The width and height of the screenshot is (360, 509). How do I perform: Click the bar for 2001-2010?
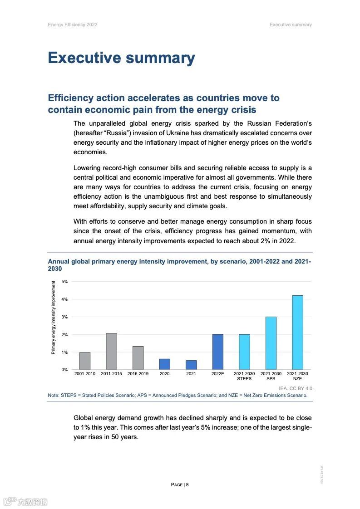click(85, 361)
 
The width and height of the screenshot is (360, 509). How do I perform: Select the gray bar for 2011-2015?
click(111, 352)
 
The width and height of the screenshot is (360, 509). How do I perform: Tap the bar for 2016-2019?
click(138, 358)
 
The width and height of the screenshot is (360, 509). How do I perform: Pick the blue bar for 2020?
click(164, 364)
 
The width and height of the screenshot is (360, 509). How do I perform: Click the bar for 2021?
click(191, 365)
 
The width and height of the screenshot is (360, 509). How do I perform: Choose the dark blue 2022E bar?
click(217, 352)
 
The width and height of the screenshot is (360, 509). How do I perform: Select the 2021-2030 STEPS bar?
click(244, 352)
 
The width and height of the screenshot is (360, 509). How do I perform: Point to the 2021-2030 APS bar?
click(271, 343)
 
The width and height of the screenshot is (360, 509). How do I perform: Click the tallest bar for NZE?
click(297, 333)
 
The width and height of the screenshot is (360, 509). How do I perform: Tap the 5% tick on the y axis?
click(64, 282)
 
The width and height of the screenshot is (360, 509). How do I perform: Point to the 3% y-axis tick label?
click(64, 317)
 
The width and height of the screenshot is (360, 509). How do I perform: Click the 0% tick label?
click(64, 370)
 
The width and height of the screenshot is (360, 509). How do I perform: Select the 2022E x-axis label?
click(217, 374)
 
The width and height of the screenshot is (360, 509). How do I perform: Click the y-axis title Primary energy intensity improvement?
click(54, 318)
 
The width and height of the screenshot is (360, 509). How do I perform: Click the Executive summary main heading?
click(121, 58)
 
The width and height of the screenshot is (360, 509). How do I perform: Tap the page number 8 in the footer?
click(187, 485)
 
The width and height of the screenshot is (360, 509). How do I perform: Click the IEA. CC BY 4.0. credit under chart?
click(296, 388)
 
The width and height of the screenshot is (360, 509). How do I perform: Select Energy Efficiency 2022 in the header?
click(73, 24)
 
